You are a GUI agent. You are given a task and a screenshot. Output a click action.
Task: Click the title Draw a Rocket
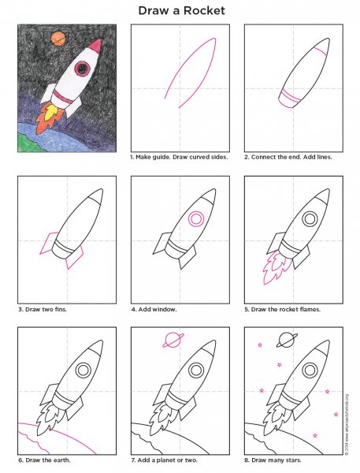click(x=180, y=10)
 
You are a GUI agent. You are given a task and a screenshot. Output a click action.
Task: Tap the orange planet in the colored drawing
click(x=58, y=35)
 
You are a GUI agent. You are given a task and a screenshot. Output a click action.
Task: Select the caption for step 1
click(x=178, y=158)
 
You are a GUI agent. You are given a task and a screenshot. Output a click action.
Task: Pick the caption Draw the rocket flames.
click(x=282, y=309)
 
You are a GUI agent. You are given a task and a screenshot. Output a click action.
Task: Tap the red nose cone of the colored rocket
click(x=95, y=47)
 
